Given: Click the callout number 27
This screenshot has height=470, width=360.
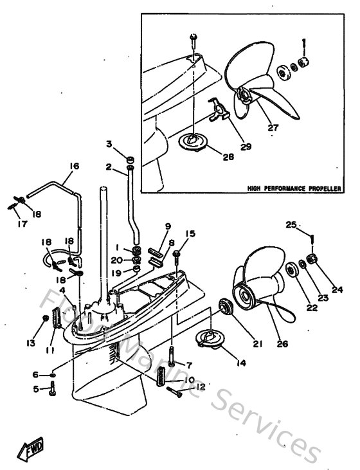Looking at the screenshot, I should point(273,127).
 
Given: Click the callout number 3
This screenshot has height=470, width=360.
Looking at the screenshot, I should point(109,143).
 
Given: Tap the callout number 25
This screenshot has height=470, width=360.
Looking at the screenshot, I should point(291,225).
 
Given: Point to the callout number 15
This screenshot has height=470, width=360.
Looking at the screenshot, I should point(190,233).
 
